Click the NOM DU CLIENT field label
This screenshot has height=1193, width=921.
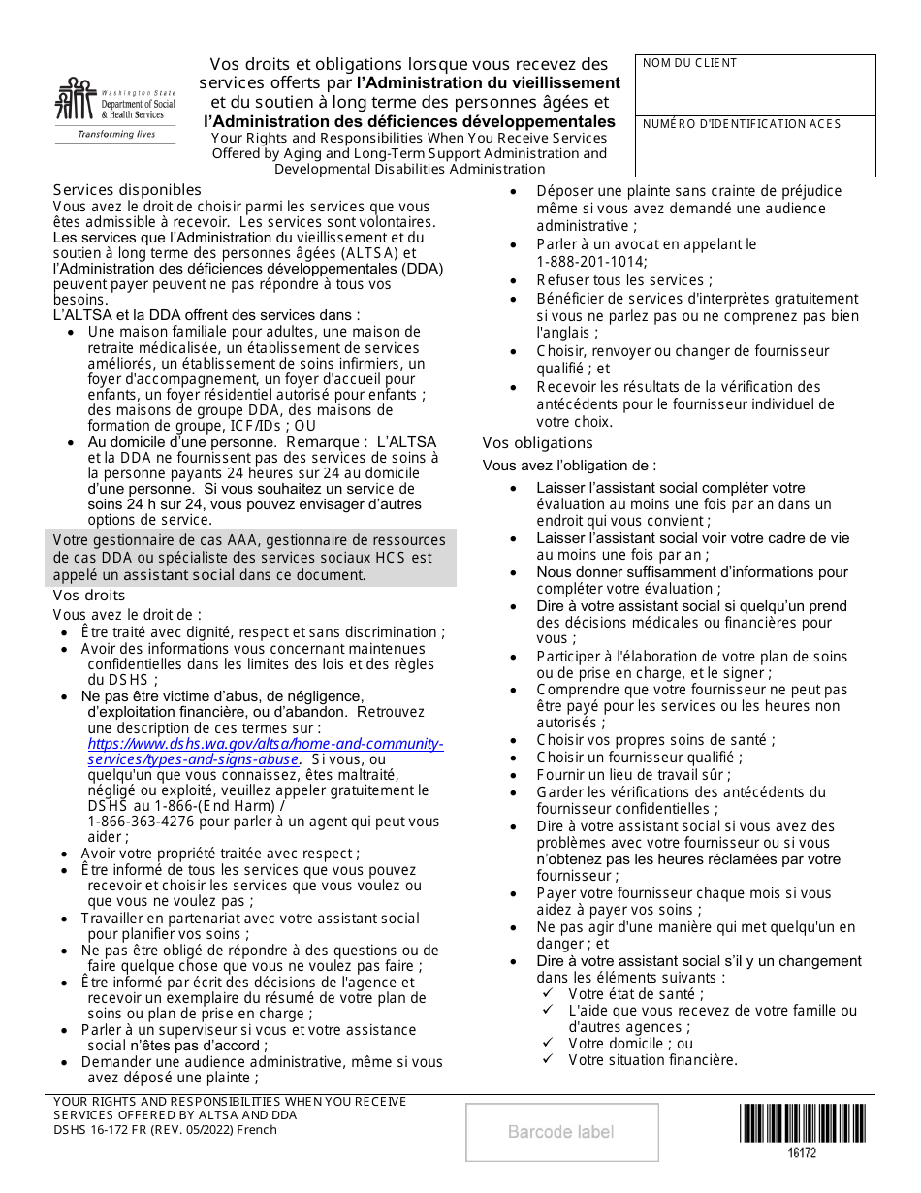pos(689,63)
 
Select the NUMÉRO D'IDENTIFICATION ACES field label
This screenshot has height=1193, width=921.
pos(742,124)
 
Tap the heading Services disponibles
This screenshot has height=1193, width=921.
pos(127,190)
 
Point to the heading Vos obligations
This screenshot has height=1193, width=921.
pos(537,443)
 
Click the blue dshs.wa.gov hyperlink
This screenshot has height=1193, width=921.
pos(265,752)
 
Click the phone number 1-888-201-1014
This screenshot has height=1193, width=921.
pos(591,261)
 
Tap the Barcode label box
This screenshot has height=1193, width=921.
pos(561,1132)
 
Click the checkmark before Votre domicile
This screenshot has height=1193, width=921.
pos(548,1043)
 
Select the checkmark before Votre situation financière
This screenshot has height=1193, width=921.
pos(548,1059)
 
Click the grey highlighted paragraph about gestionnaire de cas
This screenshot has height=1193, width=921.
pos(250,558)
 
